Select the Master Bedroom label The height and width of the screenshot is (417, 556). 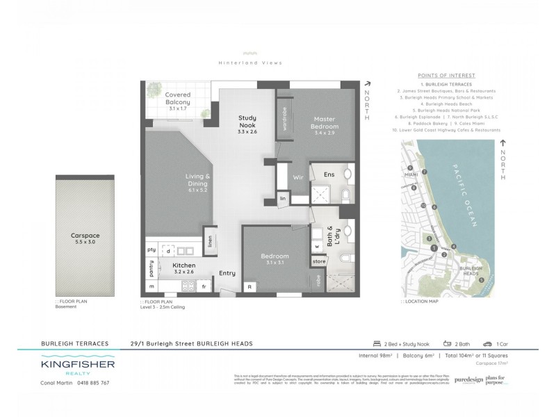point(325,123)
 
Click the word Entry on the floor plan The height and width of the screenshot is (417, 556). point(227,273)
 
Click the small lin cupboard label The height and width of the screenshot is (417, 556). point(283,199)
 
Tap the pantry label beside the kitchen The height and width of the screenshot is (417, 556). point(152,265)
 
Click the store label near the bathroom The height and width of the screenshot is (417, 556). point(318,261)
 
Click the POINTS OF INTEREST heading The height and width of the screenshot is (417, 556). point(446,75)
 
